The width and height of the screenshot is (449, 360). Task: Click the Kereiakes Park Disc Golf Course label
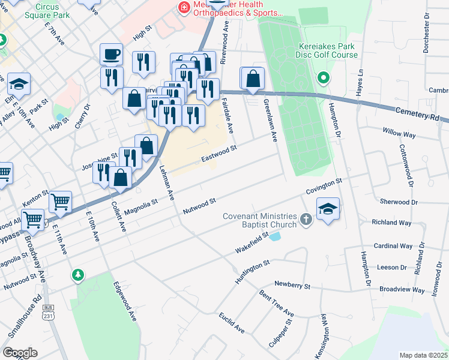click(x=328, y=50)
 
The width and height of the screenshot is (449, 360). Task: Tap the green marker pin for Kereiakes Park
click(x=323, y=77)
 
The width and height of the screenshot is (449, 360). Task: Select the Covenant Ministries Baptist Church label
click(x=260, y=220)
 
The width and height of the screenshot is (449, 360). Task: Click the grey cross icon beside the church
click(x=306, y=220)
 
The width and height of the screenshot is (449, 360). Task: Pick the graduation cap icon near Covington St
click(x=328, y=209)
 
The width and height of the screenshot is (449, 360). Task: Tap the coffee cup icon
click(x=112, y=55)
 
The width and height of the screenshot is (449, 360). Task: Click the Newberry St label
click(x=292, y=285)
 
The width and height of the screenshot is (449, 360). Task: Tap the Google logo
click(x=20, y=353)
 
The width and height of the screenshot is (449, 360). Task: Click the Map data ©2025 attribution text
click(x=424, y=355)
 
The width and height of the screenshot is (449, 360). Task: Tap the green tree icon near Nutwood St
click(x=77, y=275)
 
